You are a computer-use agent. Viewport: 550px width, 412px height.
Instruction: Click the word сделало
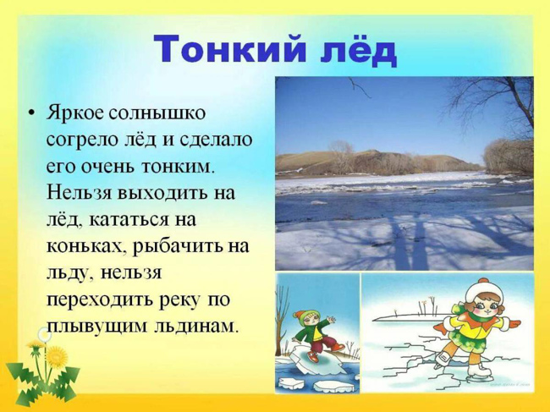pyautogui.click(x=216, y=140)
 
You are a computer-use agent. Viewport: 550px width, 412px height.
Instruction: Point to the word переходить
pyautogui.click(x=100, y=300)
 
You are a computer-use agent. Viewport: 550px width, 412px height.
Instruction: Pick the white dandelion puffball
pyautogui.click(x=45, y=334)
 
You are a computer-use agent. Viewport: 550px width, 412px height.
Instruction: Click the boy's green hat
pyautogui.click(x=300, y=316)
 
